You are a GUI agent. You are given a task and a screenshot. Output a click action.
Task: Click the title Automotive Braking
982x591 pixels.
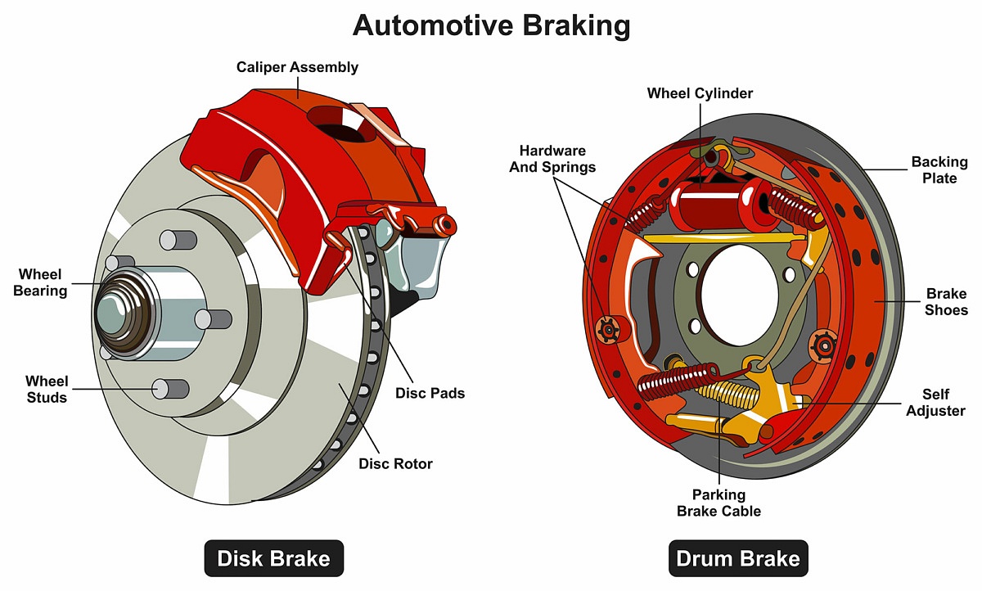(x=491, y=26)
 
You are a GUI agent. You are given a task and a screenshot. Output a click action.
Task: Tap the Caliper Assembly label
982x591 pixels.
(x=297, y=67)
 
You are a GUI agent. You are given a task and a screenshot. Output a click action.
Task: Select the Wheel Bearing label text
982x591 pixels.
(x=40, y=282)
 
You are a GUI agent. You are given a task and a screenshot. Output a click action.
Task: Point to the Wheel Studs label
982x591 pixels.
(x=47, y=389)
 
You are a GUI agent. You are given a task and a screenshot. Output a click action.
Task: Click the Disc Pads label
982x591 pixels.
(x=430, y=393)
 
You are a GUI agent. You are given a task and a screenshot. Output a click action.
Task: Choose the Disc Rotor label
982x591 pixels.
(x=395, y=463)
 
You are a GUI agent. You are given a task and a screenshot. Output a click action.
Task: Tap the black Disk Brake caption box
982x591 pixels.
(x=273, y=559)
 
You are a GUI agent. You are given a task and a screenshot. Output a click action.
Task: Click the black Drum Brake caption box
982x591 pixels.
(x=737, y=559)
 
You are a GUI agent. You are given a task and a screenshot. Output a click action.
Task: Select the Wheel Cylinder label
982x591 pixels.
(x=700, y=93)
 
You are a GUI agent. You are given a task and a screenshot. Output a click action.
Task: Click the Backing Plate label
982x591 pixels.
(x=939, y=170)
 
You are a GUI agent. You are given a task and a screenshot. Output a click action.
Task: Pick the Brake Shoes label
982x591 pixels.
(x=946, y=301)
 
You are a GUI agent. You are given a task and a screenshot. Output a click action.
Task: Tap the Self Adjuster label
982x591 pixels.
(x=934, y=403)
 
